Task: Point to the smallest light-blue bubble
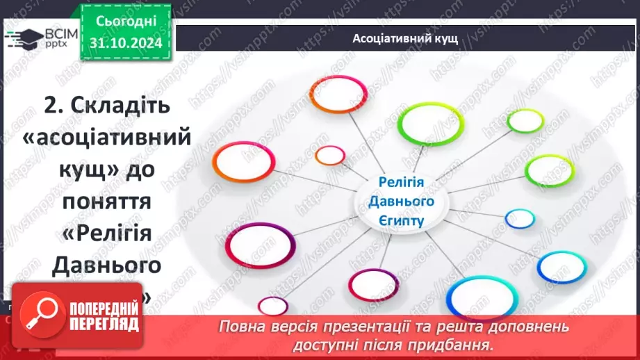pyautogui.click(x=520, y=219)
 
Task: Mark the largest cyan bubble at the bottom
pyautogui.click(x=474, y=297)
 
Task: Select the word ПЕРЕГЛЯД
pyautogui.click(x=104, y=325)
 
